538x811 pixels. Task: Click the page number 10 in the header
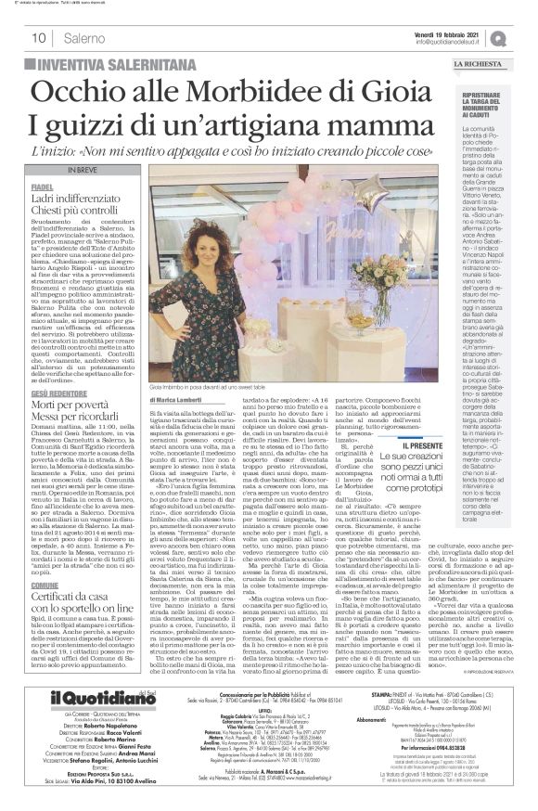pyautogui.click(x=40, y=37)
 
